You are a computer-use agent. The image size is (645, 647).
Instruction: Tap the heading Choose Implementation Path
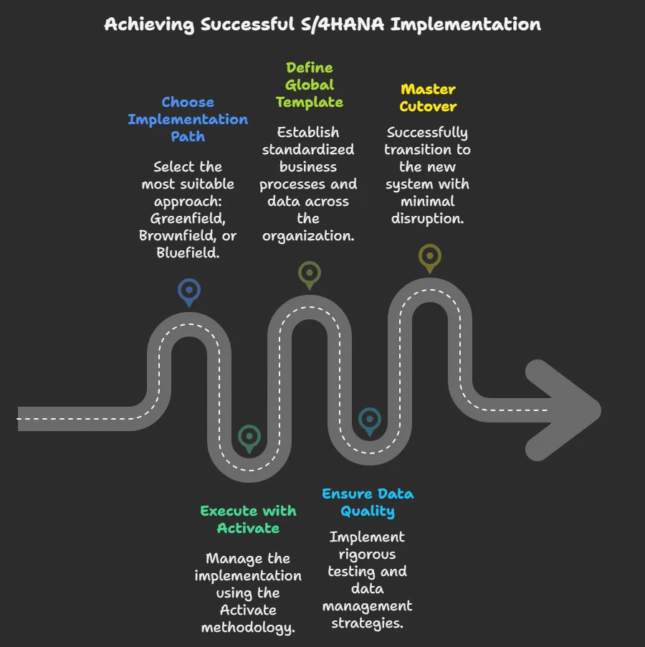(x=188, y=119)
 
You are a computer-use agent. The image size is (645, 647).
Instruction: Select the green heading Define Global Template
(x=310, y=85)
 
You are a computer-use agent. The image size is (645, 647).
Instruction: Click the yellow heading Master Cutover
(x=428, y=98)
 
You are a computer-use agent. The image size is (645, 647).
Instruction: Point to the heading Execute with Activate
(x=248, y=519)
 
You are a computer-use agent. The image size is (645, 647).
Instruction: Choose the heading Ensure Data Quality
(x=368, y=502)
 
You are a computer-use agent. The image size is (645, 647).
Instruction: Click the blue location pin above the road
(x=189, y=291)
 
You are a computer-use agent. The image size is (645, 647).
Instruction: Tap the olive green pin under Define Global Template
(x=309, y=273)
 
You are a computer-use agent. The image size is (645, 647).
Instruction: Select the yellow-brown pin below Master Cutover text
(x=429, y=256)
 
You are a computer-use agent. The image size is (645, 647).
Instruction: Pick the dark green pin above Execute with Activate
(x=249, y=437)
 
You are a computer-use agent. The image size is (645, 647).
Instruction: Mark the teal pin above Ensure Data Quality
(x=369, y=420)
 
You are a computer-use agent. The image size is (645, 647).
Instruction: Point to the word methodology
(x=248, y=627)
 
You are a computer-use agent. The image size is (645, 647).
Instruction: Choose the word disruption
(x=428, y=218)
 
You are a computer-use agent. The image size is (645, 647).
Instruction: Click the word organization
(x=308, y=235)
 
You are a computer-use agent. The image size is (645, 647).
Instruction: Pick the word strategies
(x=368, y=623)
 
